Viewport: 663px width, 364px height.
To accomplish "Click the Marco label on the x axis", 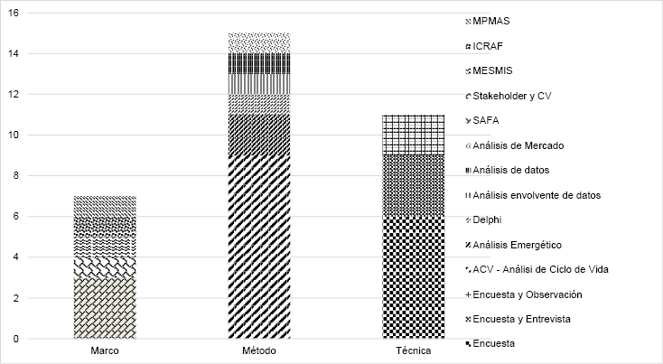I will tap(106, 350).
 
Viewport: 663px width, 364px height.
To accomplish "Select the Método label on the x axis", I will tap(258, 350).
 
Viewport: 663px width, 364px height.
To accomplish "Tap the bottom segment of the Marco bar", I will tap(106, 308).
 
